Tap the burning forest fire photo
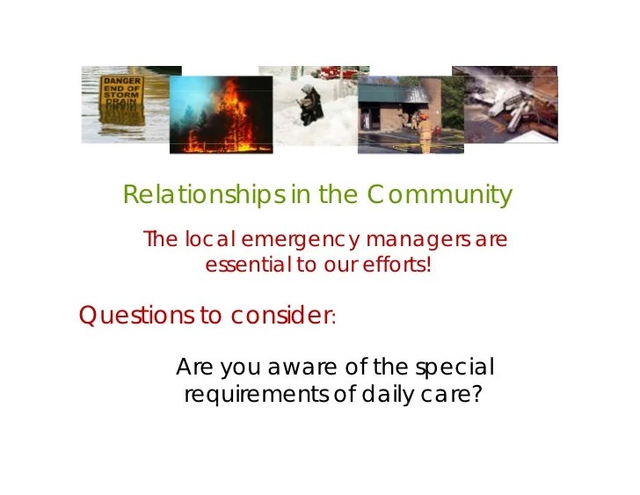coord(222,114)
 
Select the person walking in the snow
coord(311,105)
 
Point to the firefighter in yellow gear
coord(425,133)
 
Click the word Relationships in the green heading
coord(204,194)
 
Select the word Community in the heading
coord(440,195)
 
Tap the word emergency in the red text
coord(300,240)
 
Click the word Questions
coord(137,315)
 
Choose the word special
coord(455,367)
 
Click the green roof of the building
coord(392,93)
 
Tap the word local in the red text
coord(210,239)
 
